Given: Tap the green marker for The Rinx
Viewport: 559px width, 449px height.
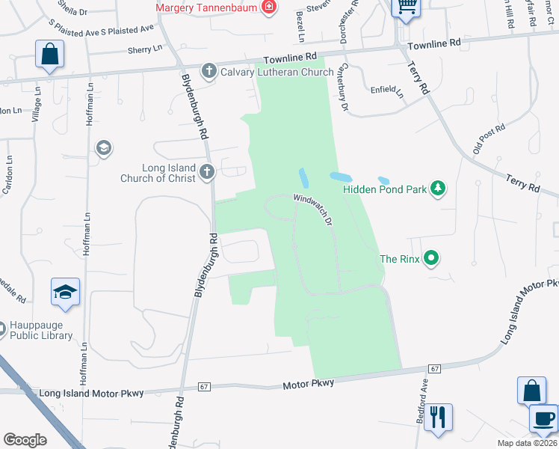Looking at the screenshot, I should [x=430, y=259].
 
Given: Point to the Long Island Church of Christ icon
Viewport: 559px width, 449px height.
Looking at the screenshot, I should [x=207, y=173].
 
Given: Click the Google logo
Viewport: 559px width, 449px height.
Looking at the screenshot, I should [x=25, y=440].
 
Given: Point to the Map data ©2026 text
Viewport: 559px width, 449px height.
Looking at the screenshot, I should [x=527, y=443].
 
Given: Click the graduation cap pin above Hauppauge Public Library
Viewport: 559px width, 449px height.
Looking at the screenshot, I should [x=65, y=292].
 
